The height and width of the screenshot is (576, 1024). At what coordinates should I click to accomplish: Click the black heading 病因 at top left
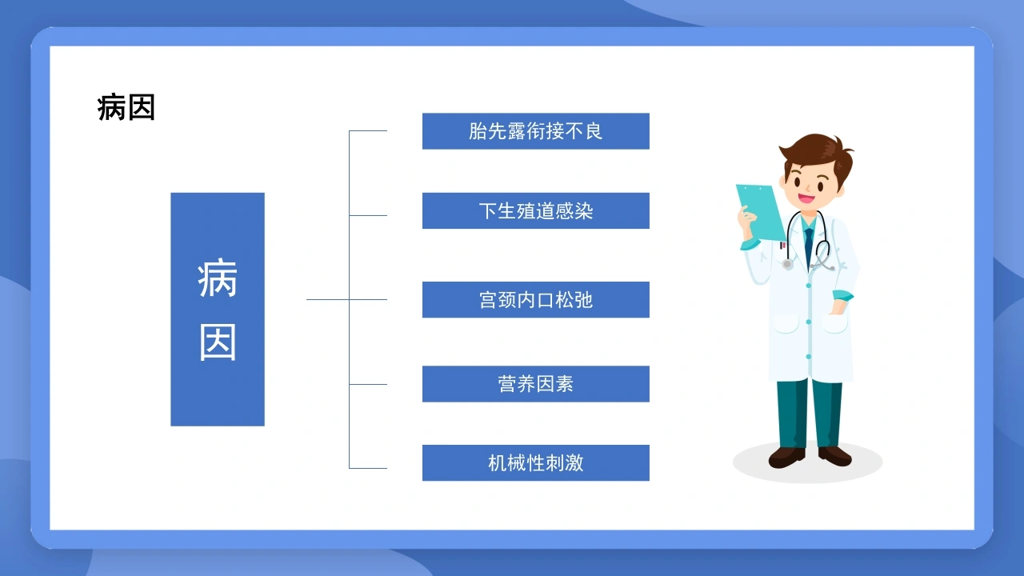126,107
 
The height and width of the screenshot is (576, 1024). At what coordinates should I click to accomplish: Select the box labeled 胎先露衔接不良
536,131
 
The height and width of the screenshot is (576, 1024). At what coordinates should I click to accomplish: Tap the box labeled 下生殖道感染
536,210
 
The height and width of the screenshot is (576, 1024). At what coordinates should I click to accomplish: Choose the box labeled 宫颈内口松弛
536,300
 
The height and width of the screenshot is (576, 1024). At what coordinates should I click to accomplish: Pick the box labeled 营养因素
536,384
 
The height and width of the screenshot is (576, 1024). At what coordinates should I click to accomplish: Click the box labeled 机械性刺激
536,462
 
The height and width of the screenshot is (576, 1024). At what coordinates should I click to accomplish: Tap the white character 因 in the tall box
218,342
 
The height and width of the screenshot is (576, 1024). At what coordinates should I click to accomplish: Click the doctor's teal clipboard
760,212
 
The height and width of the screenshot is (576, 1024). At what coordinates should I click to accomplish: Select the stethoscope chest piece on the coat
787,264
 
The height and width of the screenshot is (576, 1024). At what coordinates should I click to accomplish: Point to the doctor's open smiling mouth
806,198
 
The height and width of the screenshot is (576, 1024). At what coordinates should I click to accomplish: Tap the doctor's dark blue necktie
809,247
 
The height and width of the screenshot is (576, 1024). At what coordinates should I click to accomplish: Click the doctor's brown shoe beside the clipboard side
786,457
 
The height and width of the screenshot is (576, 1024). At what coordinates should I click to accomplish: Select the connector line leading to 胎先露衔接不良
368,130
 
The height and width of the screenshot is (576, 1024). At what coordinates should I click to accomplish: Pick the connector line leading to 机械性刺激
368,468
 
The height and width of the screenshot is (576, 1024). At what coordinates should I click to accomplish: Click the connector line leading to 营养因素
368,385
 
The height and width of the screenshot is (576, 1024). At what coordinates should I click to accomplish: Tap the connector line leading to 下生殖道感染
368,215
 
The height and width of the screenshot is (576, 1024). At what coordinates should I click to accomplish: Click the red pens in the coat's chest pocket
782,246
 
